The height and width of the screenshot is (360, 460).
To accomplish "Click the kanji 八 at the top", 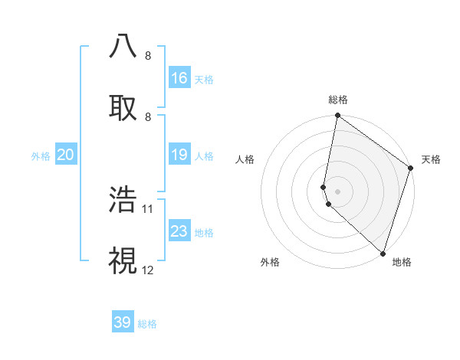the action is point(123,46).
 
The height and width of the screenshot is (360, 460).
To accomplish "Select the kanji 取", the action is point(123,108).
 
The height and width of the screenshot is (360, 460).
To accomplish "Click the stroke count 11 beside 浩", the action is point(148,208).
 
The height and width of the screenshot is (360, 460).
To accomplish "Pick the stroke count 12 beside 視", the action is point(148,270).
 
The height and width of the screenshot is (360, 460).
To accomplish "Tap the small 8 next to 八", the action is point(148,55).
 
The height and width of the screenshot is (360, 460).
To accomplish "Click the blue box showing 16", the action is point(179,78).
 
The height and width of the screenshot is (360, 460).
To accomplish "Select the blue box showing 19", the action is point(179,155).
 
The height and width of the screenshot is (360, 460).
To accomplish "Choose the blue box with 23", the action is point(179,231).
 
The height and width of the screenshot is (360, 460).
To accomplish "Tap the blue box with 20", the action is point(66,155).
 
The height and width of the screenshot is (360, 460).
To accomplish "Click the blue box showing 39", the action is point(123,322).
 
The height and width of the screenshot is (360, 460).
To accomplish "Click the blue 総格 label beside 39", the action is point(147,324).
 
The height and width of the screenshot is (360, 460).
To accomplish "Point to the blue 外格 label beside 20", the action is point(41,156).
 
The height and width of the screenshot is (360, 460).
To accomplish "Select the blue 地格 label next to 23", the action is point(204,233).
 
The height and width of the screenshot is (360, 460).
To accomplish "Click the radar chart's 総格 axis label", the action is point(338,100).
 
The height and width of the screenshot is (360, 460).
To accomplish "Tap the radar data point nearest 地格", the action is point(383,253).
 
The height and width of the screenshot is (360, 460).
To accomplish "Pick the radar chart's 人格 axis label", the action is point(245,159).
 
